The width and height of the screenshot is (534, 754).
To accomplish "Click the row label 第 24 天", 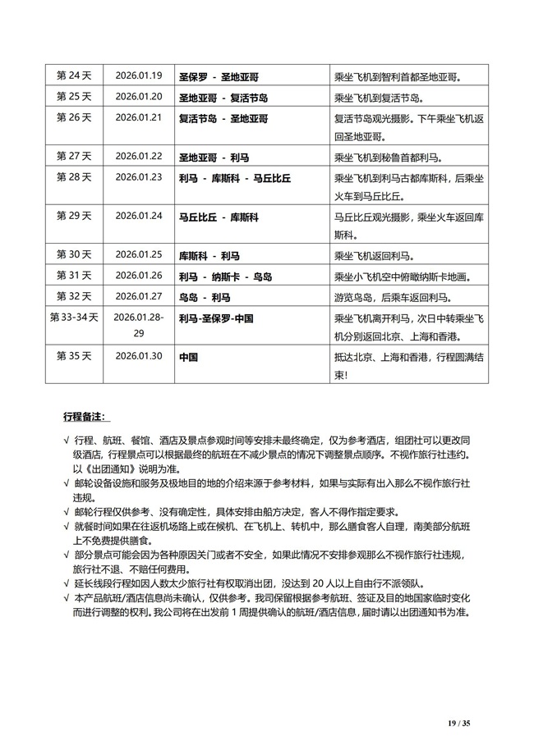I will (x=73, y=77).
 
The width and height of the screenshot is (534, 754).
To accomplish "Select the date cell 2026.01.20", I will (x=139, y=98).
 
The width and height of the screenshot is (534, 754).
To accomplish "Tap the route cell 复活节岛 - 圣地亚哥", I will (x=223, y=118).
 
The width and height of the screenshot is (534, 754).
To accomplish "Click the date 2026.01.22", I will (x=139, y=156).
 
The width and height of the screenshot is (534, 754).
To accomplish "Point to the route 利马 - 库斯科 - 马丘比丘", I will (x=236, y=177).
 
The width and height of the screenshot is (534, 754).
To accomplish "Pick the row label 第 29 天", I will (x=73, y=216).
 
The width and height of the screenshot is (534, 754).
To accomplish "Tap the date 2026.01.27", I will (x=139, y=296).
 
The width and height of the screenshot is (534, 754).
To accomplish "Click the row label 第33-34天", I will (x=73, y=317).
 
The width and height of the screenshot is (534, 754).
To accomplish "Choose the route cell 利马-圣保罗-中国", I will (x=216, y=318).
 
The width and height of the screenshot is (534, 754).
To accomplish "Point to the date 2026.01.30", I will (x=139, y=357).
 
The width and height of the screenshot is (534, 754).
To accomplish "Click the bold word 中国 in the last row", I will (x=188, y=358).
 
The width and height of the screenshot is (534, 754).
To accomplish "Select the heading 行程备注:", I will (x=89, y=418).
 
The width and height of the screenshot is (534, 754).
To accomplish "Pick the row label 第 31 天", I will (x=73, y=275).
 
